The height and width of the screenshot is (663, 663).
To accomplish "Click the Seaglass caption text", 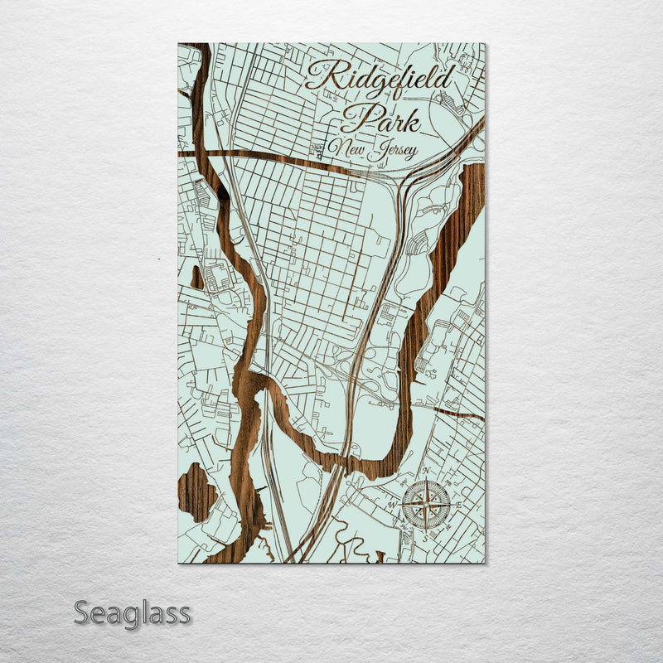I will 132,614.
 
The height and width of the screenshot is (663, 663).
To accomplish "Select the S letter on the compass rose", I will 426,536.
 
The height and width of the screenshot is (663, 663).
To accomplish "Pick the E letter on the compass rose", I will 457,505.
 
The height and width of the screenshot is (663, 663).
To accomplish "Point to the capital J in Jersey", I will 376,151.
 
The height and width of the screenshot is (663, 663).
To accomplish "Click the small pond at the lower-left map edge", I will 196,490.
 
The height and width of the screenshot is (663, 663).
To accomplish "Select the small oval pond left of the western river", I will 196,278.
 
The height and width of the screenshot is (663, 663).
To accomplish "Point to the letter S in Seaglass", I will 82,613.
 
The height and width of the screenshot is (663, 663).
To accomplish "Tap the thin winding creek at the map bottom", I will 356,547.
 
